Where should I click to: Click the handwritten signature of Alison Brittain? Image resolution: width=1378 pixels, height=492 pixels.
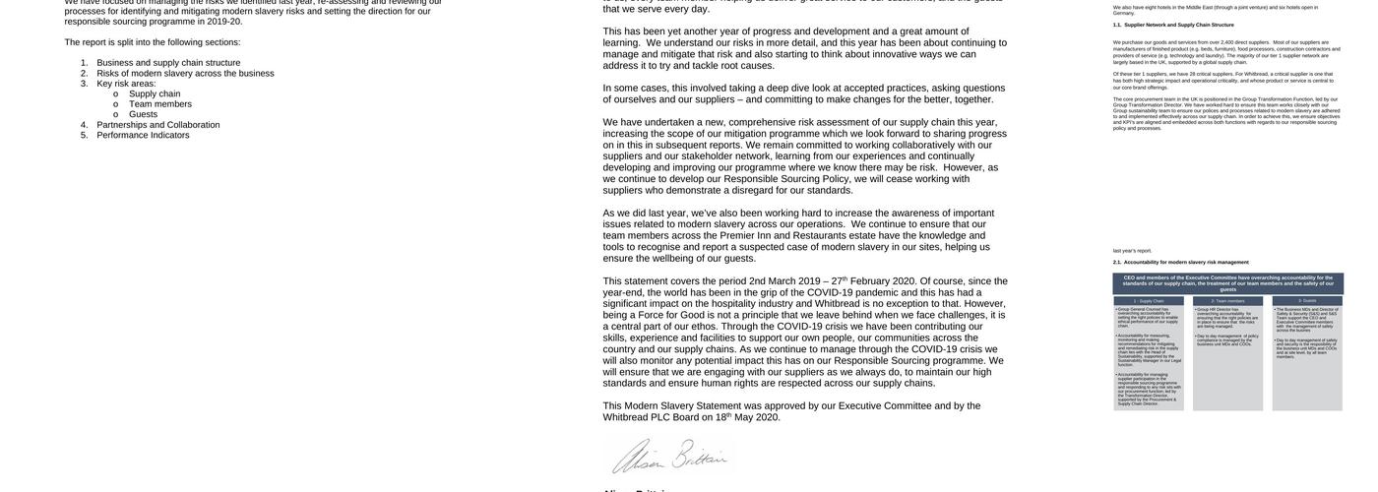[x=669, y=457]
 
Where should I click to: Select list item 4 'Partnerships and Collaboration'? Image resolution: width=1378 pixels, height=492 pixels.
[x=157, y=125]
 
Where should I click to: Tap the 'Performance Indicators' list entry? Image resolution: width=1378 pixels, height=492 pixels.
[x=143, y=136]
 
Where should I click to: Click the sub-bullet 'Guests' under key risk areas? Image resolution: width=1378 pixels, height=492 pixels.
[x=143, y=114]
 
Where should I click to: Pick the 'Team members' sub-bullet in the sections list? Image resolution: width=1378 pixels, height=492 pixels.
[x=160, y=104]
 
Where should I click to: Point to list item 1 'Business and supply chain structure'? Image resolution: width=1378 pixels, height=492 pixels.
[x=168, y=63]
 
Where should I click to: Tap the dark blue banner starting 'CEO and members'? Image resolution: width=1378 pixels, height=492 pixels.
[x=1227, y=282]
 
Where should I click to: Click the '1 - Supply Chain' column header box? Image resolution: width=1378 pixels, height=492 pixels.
[x=1149, y=300]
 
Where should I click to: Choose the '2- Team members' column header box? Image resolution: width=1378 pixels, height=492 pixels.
[x=1227, y=300]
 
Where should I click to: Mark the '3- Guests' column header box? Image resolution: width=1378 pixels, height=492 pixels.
[x=1307, y=300]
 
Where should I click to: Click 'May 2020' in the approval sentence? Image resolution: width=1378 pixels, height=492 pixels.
[x=757, y=417]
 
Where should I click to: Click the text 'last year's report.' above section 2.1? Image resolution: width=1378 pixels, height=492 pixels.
[x=1132, y=251]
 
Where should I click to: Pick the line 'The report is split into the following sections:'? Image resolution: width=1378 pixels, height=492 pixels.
[x=153, y=42]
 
